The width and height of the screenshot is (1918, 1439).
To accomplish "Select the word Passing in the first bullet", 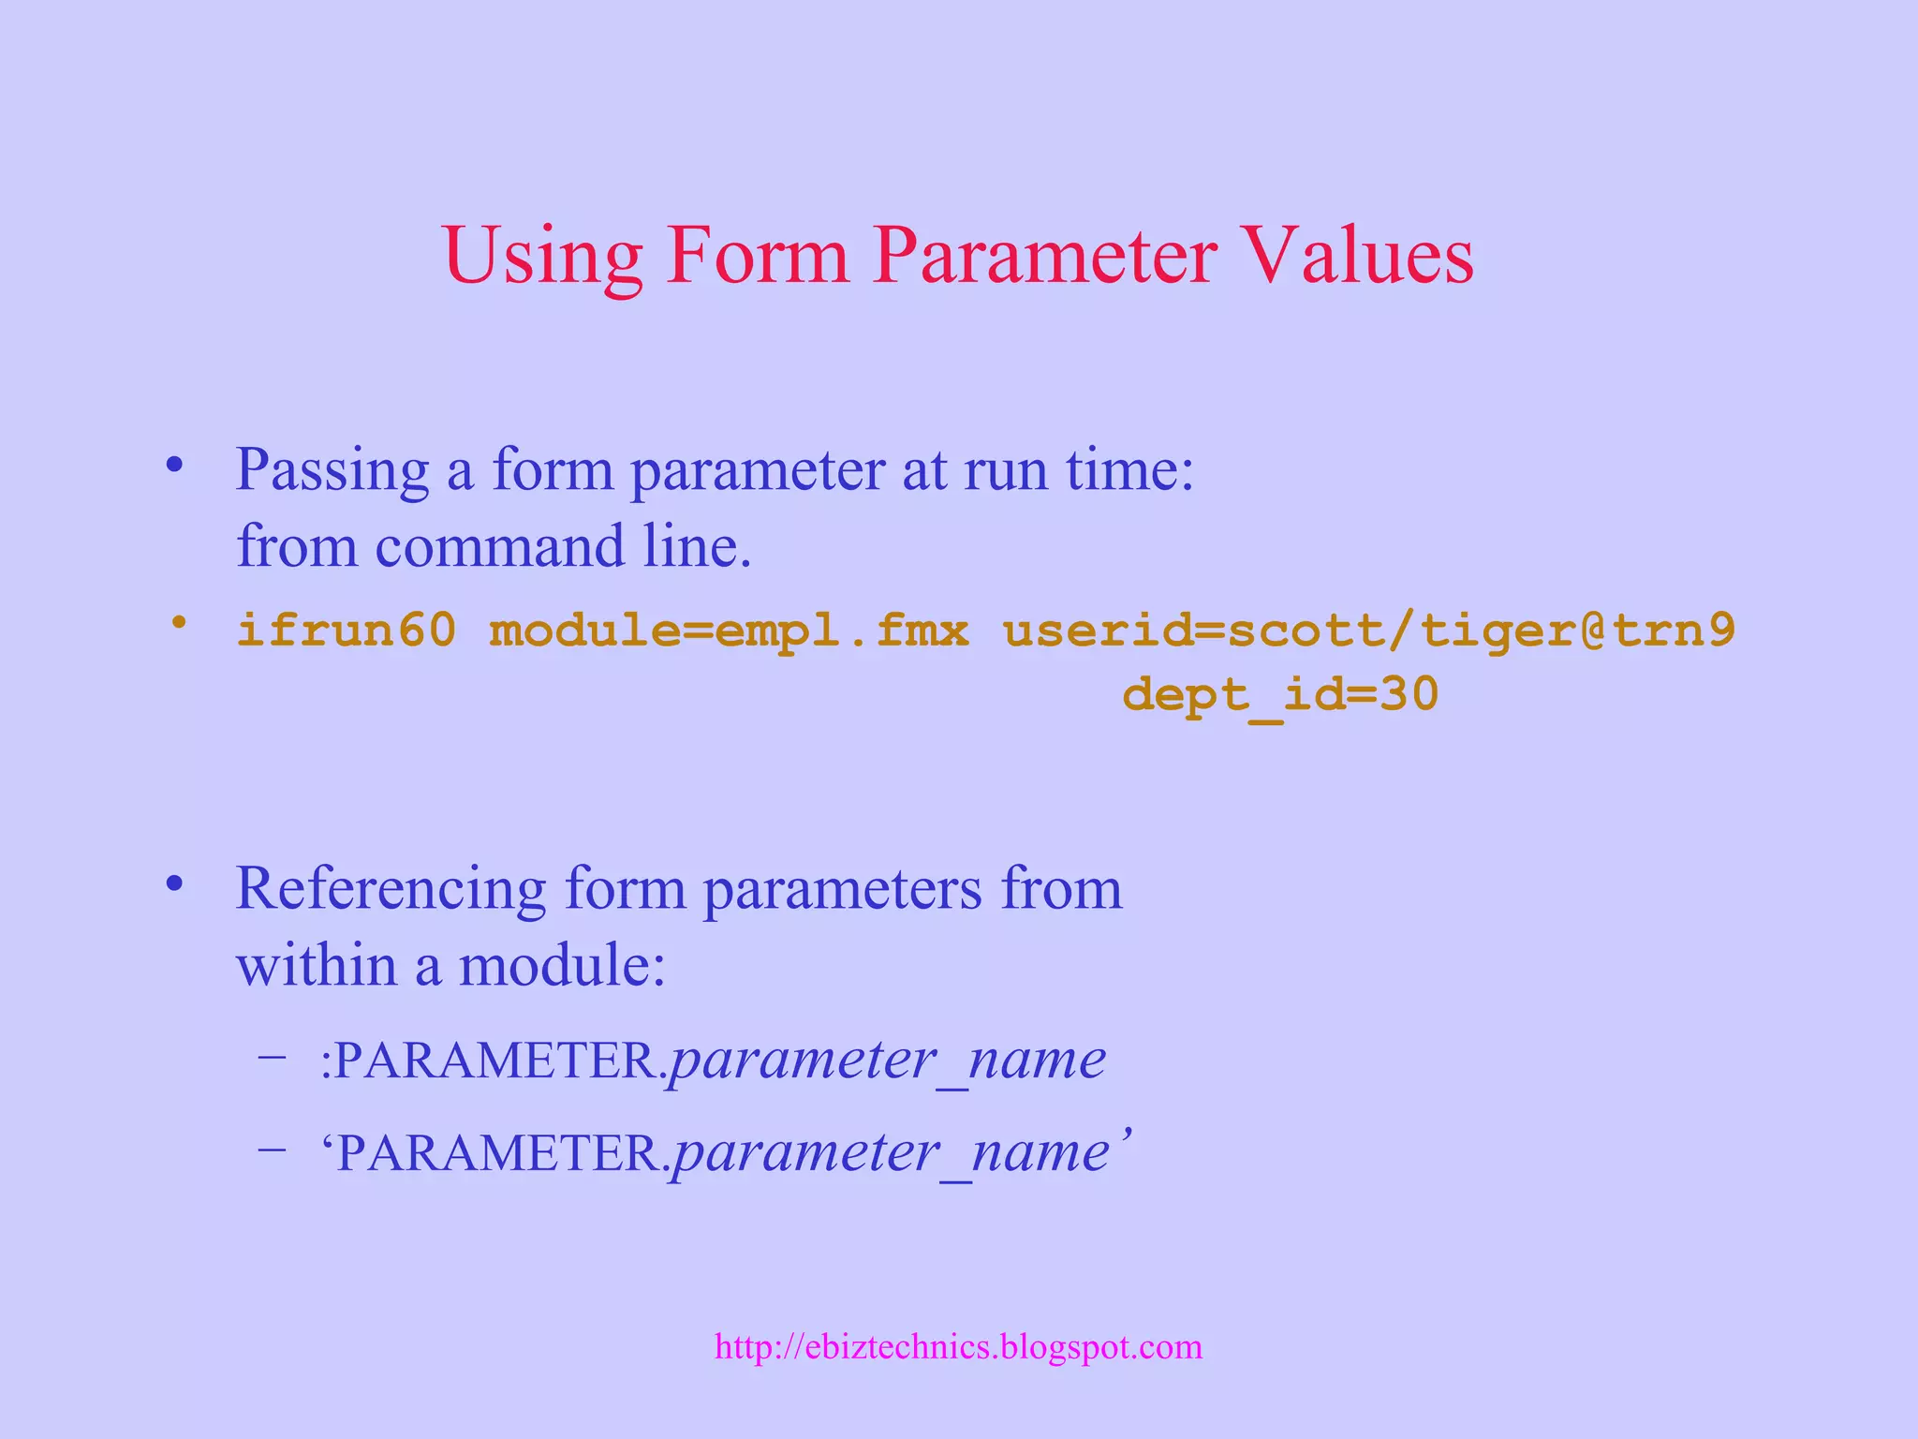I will pyautogui.click(x=332, y=469).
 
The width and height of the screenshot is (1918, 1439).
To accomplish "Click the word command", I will pyautogui.click(x=499, y=546).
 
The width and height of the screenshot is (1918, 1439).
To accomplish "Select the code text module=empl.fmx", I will pyautogui.click(x=729, y=629).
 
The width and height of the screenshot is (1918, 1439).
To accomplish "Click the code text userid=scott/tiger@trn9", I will pyautogui.click(x=1368, y=629).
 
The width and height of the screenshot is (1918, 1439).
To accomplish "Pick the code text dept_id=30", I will pyautogui.click(x=1279, y=695).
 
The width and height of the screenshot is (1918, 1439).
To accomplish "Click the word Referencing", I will pyautogui.click(x=391, y=888).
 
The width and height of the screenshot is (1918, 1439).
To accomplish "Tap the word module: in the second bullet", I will pyautogui.click(x=562, y=965).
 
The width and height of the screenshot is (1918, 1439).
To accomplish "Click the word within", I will pyautogui.click(x=317, y=965).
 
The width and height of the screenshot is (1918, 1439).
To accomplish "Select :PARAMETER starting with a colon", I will pyautogui.click(x=492, y=1061).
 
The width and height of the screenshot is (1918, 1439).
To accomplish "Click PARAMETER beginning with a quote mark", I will pyautogui.click(x=494, y=1153).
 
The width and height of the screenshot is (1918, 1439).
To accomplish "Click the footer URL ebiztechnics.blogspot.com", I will pyautogui.click(x=958, y=1347).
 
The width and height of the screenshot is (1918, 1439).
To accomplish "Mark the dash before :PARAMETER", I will pyautogui.click(x=273, y=1057).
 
